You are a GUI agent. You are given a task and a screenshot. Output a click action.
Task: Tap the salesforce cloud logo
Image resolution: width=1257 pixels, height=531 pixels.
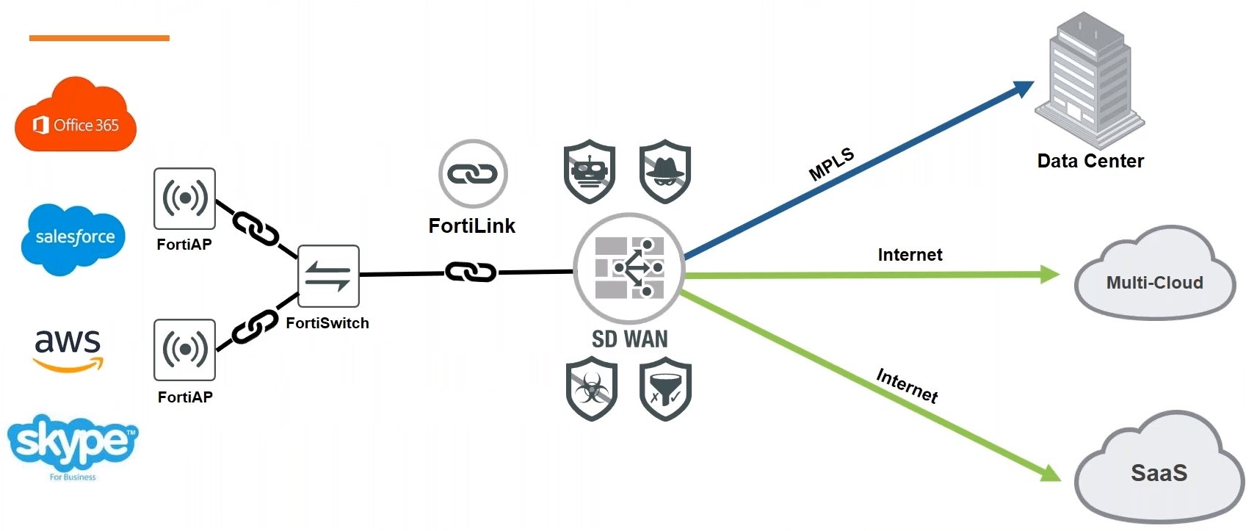coord(73,238)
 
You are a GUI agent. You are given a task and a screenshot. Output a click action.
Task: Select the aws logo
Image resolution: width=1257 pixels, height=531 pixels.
coord(68,349)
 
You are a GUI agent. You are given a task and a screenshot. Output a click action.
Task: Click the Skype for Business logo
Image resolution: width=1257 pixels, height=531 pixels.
coord(72,444)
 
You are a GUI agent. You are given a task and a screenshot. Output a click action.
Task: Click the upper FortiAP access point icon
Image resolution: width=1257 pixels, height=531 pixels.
coord(184,198)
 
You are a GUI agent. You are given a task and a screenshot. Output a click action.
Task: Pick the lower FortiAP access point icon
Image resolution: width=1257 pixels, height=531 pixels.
coord(184,350)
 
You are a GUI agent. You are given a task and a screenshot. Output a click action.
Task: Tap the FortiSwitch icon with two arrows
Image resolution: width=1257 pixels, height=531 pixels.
coord(328,276)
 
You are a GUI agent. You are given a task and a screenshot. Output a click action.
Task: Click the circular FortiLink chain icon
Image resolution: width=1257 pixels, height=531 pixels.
coord(473,174)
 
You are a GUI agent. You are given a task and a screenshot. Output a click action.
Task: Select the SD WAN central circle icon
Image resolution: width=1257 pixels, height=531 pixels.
coord(629,269)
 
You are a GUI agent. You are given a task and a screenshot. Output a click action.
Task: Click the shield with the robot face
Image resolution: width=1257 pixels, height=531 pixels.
coord(590,172)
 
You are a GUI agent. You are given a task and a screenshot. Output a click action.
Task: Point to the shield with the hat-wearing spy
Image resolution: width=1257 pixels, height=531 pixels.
coord(665,172)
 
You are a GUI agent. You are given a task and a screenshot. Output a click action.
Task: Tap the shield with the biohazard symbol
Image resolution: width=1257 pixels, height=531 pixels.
coord(592,389)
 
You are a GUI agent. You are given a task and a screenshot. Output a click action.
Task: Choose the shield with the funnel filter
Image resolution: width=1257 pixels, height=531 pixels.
coord(666,389)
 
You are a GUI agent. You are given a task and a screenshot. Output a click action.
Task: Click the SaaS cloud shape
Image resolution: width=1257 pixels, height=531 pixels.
coord(1159,470)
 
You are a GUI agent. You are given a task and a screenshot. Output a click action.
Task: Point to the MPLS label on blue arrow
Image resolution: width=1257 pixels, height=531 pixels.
coord(831,164)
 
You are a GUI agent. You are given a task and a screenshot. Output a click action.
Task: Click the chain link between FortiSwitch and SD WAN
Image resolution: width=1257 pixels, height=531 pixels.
coord(471,272)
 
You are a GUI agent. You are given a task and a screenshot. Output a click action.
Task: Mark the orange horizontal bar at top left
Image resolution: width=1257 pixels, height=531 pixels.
coord(99,37)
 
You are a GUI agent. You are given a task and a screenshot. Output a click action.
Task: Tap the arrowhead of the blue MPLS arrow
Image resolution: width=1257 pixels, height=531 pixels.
coord(1024,88)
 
